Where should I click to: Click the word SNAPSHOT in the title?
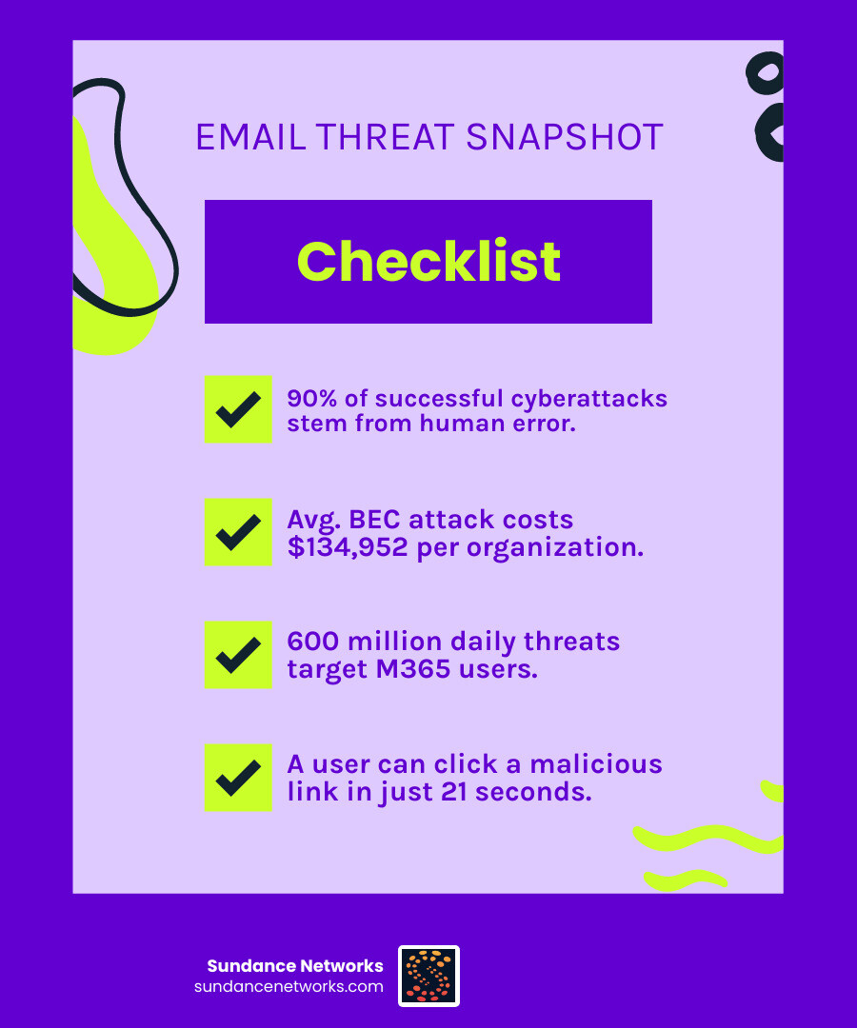click(564, 137)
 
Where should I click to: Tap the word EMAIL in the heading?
click(251, 137)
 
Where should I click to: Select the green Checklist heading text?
click(428, 261)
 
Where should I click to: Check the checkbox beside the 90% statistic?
click(238, 409)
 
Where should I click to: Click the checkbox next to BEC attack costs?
click(238, 532)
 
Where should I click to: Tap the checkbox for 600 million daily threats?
click(238, 654)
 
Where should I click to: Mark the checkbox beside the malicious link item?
click(238, 778)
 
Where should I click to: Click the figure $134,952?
click(348, 546)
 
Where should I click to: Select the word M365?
click(413, 669)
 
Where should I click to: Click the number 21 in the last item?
click(454, 792)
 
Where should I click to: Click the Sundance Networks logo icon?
click(428, 977)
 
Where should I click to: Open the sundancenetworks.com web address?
click(289, 987)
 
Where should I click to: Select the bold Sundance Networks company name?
click(295, 966)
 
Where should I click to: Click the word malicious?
click(596, 764)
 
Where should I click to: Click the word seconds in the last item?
click(533, 792)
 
